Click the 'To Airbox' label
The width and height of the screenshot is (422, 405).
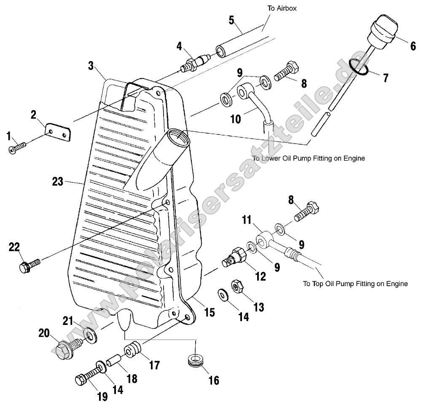coord(282,8)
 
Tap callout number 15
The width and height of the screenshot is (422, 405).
coord(210,312)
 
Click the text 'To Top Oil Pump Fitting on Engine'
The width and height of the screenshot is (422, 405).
coord(355,284)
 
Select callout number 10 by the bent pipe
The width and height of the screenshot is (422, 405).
coord(236,119)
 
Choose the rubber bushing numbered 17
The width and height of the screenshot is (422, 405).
coord(132,350)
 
